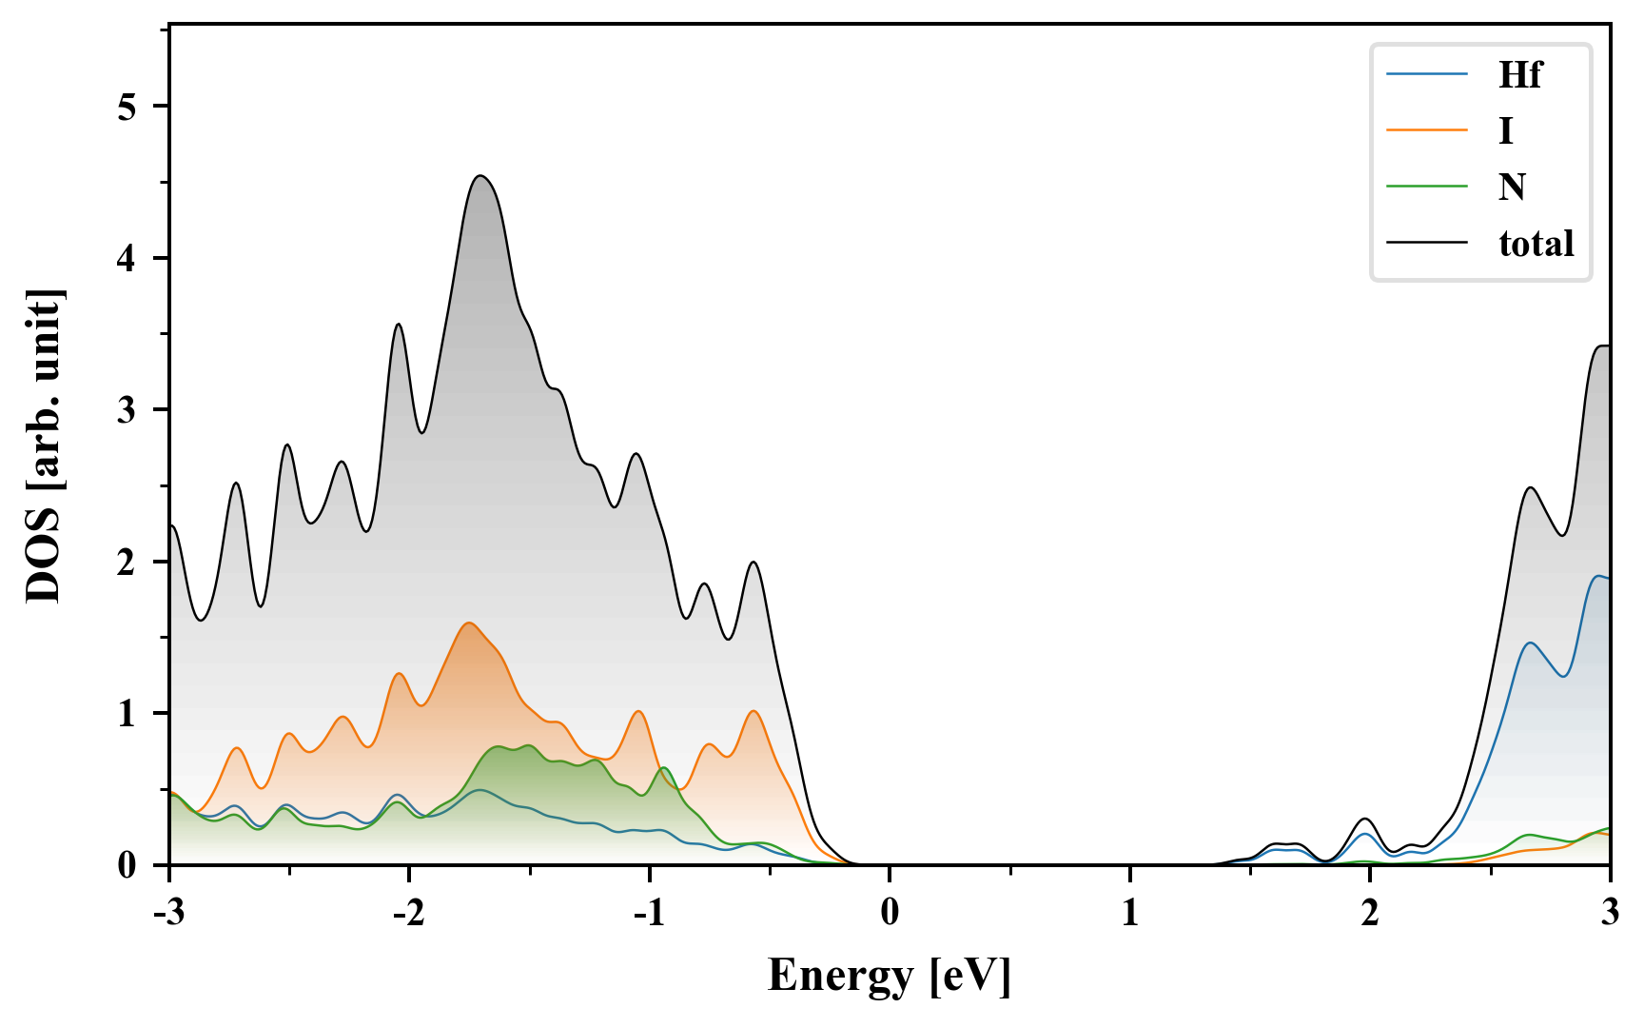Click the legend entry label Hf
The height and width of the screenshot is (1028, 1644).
[1519, 74]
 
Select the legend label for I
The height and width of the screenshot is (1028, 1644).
[1505, 130]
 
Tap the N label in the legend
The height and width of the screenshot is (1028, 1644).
[1512, 187]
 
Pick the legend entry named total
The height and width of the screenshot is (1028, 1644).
[1536, 244]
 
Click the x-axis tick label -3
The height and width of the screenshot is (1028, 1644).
[168, 912]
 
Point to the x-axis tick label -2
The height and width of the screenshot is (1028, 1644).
[408, 912]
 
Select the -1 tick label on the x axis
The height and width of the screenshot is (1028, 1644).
[648, 912]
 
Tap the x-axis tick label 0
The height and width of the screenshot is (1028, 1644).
[890, 912]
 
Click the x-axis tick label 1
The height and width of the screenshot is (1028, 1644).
[1129, 912]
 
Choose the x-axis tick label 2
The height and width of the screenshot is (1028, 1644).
[1369, 912]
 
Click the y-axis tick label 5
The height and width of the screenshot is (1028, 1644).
[127, 107]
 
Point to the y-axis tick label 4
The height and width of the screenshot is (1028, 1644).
[127, 258]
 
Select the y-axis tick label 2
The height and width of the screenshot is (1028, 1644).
[127, 562]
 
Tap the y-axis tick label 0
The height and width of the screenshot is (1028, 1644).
[127, 865]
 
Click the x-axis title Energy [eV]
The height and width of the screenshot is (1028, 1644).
[890, 976]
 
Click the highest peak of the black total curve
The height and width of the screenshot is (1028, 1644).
[480, 176]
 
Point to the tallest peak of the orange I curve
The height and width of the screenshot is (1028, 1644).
[469, 623]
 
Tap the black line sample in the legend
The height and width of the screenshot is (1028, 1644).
[1426, 244]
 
